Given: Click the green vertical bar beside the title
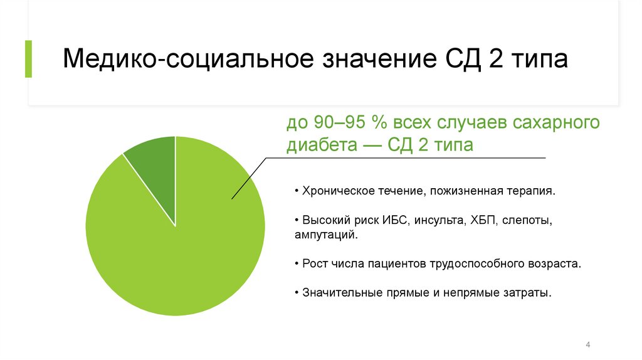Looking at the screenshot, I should point(28,59).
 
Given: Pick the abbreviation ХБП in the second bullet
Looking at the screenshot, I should point(481,221).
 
